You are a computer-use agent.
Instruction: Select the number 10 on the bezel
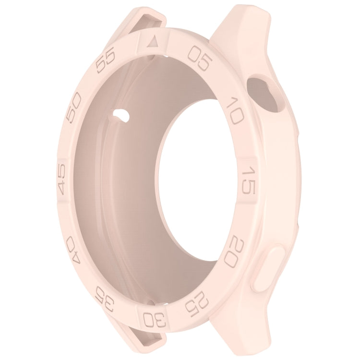[x=234, y=111]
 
